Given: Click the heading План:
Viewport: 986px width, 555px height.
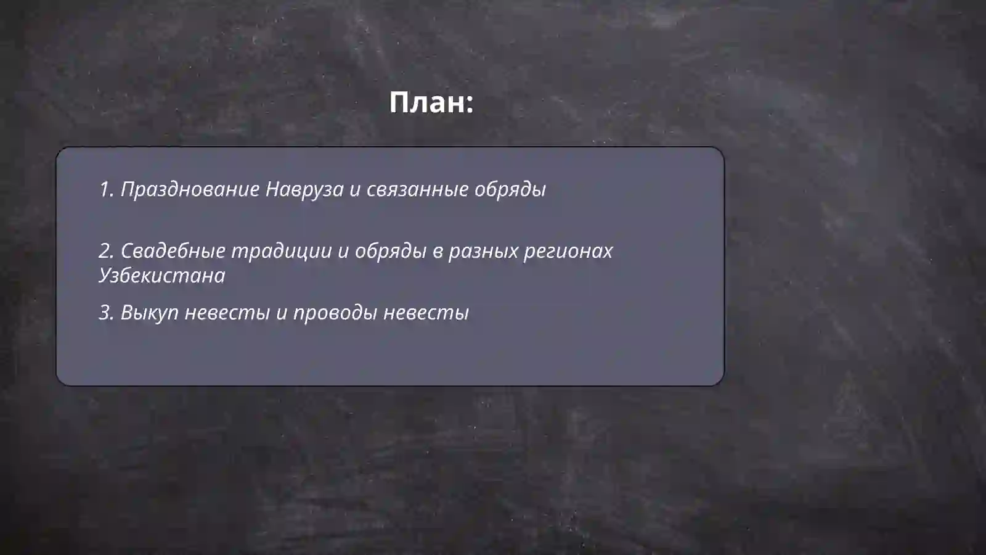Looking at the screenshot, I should (x=431, y=102).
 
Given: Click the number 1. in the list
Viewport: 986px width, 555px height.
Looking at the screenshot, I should (x=107, y=189).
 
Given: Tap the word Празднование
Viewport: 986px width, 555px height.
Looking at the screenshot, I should (x=190, y=189).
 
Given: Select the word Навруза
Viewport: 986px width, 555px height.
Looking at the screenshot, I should (x=304, y=189).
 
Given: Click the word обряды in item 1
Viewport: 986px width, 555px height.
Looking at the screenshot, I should (x=510, y=189).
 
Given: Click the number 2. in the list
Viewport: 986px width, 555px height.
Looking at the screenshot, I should (x=107, y=251).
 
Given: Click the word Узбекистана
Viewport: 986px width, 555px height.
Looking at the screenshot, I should (x=162, y=276).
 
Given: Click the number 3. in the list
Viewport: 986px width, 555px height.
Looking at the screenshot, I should (x=107, y=313).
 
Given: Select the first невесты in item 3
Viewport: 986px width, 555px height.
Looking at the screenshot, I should (x=227, y=313).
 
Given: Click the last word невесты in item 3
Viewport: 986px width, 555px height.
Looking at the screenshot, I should (x=426, y=313).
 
